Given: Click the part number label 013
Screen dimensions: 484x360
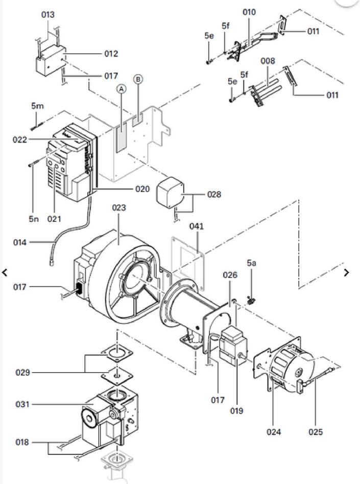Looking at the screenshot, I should (x=47, y=15).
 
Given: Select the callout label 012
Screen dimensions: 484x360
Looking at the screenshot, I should (x=110, y=54).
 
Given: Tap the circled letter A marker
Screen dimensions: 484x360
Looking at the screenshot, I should (x=121, y=89).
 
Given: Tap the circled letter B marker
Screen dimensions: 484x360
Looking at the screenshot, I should (x=138, y=79).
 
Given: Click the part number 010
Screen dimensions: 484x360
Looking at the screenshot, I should (x=249, y=12).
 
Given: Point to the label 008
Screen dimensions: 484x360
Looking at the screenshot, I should (x=268, y=61).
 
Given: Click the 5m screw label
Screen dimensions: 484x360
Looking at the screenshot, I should (x=37, y=106).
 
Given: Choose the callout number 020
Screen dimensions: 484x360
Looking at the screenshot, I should (x=142, y=189).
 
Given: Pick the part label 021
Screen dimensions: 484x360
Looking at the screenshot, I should (x=54, y=219).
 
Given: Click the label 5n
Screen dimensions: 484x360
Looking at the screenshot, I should (x=34, y=219).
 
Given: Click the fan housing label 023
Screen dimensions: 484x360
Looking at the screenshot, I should (x=118, y=208).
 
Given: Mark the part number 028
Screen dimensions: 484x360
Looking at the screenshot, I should (x=214, y=195).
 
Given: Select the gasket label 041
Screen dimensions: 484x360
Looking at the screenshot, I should (x=197, y=226).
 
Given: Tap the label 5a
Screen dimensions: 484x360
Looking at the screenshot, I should (x=252, y=263).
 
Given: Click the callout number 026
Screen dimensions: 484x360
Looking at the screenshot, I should (x=230, y=275).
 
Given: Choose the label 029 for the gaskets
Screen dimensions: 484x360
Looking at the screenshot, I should (x=22, y=373).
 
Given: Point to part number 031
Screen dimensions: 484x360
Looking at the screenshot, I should (x=22, y=405).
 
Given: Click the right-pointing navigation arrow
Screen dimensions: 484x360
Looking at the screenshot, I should (x=347, y=272).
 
